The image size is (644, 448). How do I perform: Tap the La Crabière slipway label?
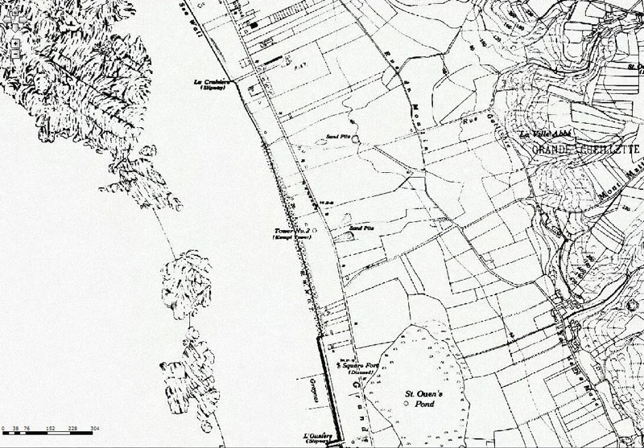pyautogui.click(x=212, y=83)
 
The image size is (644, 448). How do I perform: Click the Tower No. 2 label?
pyautogui.click(x=293, y=232)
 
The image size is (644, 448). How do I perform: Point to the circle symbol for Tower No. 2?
pyautogui.click(x=315, y=231)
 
